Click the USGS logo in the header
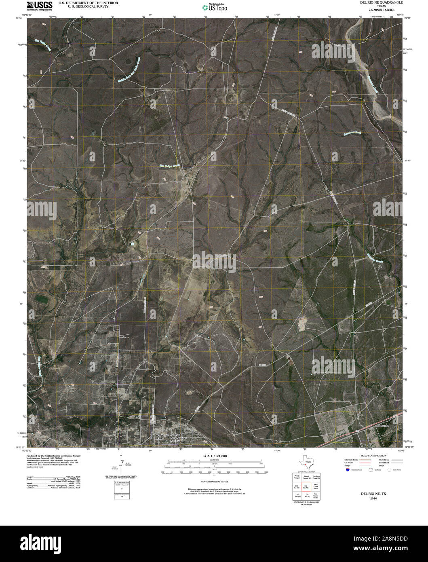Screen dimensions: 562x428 39,5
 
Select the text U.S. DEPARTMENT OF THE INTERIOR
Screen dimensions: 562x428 88,2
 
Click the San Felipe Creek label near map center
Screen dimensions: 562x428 169,165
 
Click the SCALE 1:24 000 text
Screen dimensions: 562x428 213,456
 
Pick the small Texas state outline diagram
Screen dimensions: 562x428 305,463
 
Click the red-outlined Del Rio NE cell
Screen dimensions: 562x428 306,486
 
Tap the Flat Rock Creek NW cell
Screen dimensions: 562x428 316,477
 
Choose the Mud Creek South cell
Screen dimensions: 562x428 316,495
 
